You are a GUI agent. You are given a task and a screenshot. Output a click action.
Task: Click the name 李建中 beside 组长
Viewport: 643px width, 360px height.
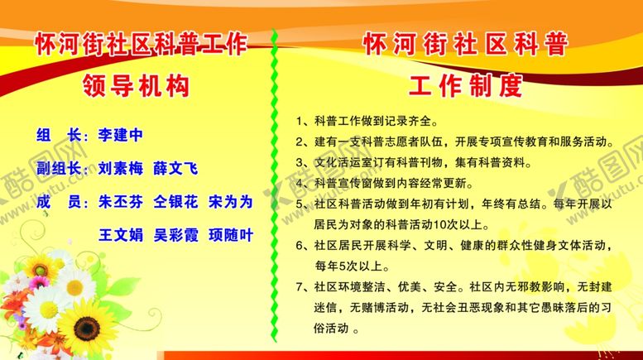(x=121, y=133)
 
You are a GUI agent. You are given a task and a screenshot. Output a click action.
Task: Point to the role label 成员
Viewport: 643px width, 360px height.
(x=57, y=201)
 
